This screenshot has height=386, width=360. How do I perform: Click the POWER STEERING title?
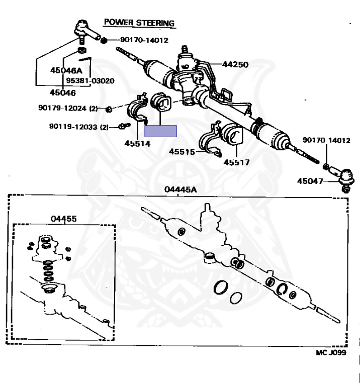[x=139, y=23]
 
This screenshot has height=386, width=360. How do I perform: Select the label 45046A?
[x=66, y=70]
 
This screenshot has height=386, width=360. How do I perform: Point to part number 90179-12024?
[x=63, y=108]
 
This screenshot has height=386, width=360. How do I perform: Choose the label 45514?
[x=137, y=143]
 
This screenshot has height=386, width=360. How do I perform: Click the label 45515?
[x=182, y=151]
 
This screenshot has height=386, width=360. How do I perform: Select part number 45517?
[x=236, y=163]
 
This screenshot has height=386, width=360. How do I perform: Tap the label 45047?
[x=310, y=181]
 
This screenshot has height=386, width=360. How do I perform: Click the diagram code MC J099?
[x=331, y=353]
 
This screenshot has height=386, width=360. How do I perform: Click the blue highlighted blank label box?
[x=160, y=131]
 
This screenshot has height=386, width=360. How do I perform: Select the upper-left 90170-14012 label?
[x=144, y=40]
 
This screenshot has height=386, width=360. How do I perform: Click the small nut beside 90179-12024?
[x=109, y=108]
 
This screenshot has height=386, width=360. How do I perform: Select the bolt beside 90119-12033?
[x=122, y=127]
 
